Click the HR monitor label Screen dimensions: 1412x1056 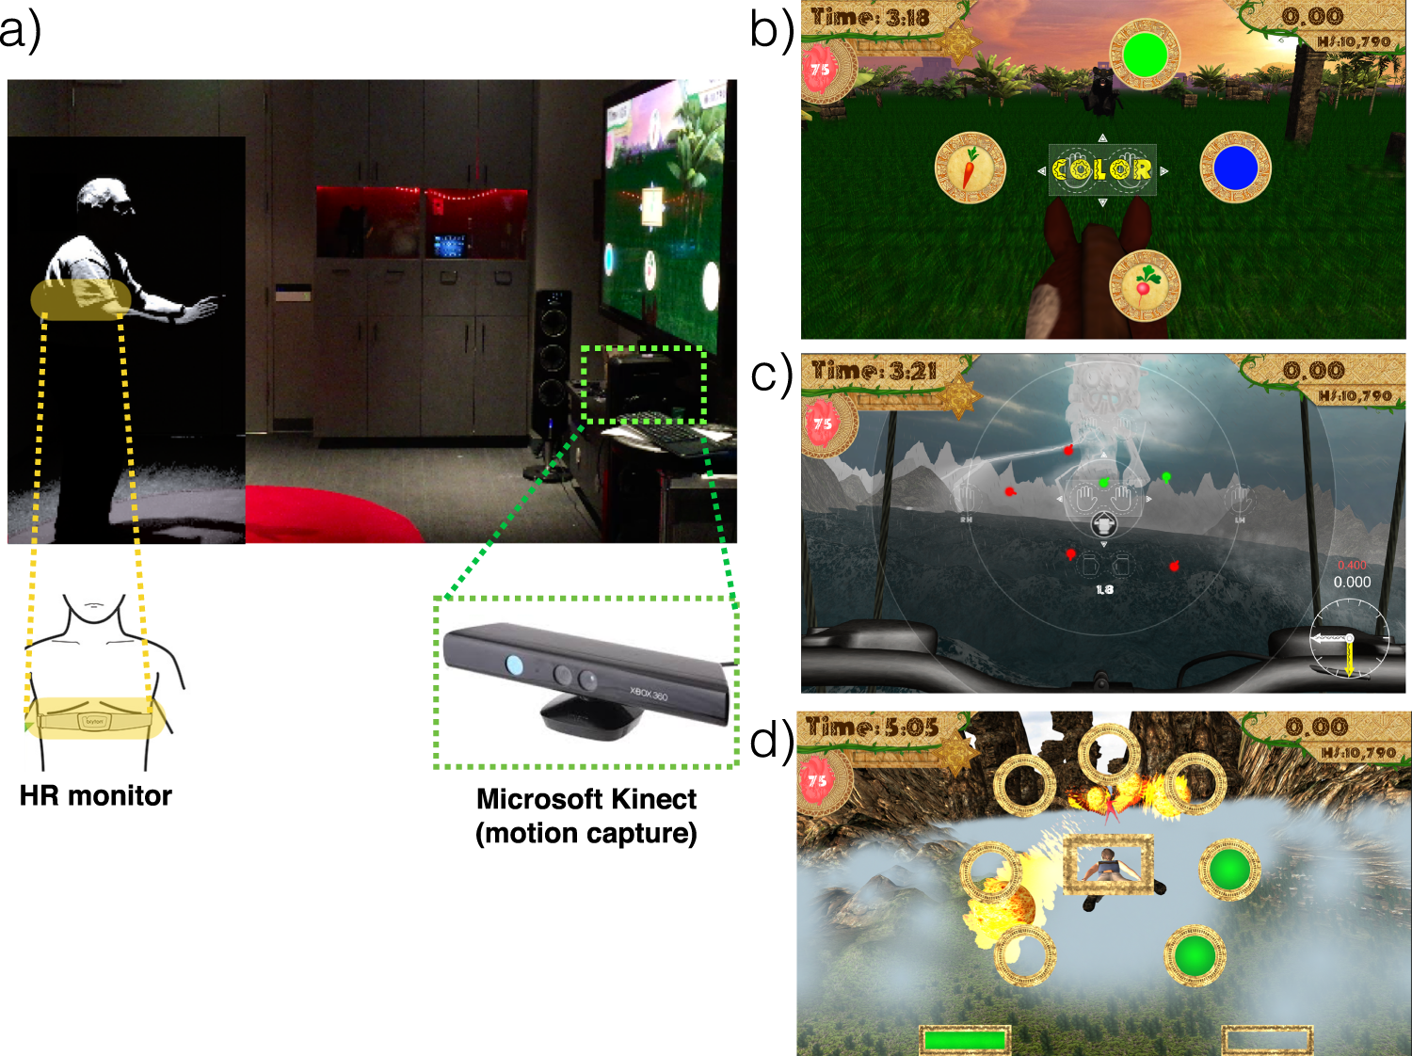(95, 796)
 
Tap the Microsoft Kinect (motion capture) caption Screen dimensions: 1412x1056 (586, 816)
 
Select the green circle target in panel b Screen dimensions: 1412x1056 (1145, 55)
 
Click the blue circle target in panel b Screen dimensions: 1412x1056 (1235, 168)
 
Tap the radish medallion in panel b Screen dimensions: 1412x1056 (1145, 284)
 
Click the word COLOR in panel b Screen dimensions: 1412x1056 (1102, 169)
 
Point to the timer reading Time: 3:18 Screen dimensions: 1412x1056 (870, 18)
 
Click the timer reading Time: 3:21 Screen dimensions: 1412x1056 (874, 371)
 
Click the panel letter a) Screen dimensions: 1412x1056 (21, 30)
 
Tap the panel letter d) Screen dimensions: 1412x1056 (772, 742)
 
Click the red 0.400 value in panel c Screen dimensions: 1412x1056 (1352, 566)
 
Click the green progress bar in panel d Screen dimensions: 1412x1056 (965, 1040)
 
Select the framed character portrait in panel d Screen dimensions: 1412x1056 (1109, 864)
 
